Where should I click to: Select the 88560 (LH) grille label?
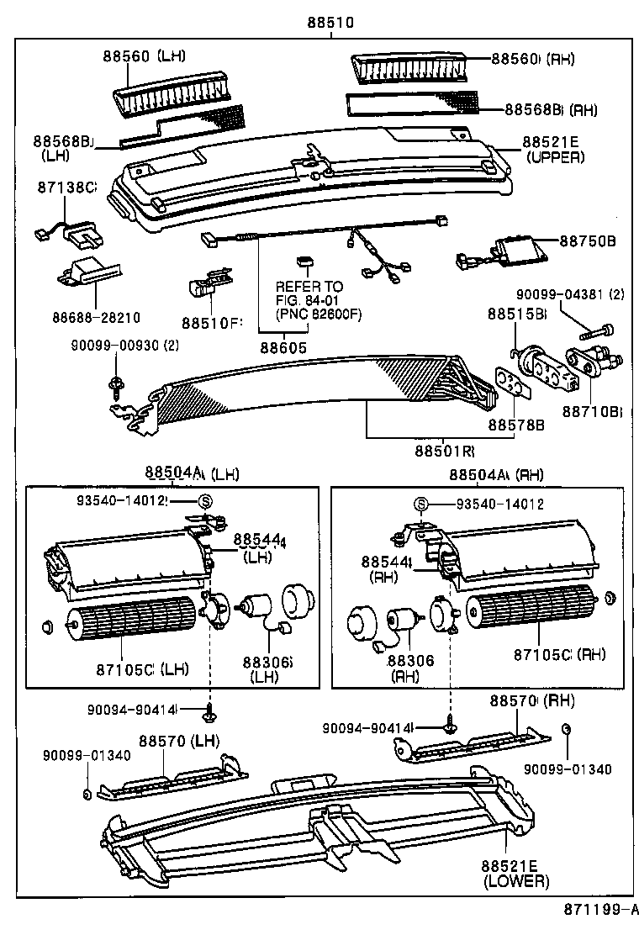pos(145,56)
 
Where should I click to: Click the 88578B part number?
pos(516,425)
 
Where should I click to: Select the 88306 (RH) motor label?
pos(411,669)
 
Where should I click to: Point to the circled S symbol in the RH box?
pos(424,504)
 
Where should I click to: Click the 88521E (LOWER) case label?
pos(515,873)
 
